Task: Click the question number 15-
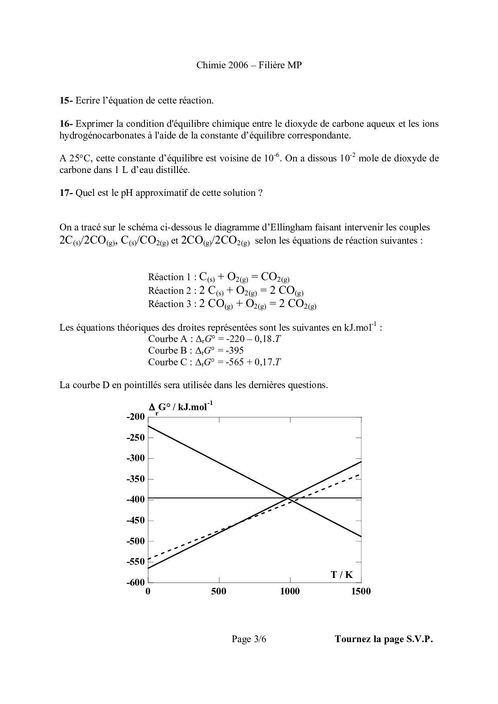[66, 101]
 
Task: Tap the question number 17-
[66, 193]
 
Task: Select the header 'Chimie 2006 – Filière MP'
[249, 65]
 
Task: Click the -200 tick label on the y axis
[135, 417]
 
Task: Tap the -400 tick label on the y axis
[135, 499]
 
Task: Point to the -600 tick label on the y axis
[135, 582]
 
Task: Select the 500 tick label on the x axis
[219, 591]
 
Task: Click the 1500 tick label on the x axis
[361, 591]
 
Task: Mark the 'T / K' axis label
[342, 574]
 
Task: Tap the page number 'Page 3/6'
[249, 639]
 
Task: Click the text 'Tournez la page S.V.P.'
[384, 639]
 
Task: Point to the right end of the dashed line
[360, 474]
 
